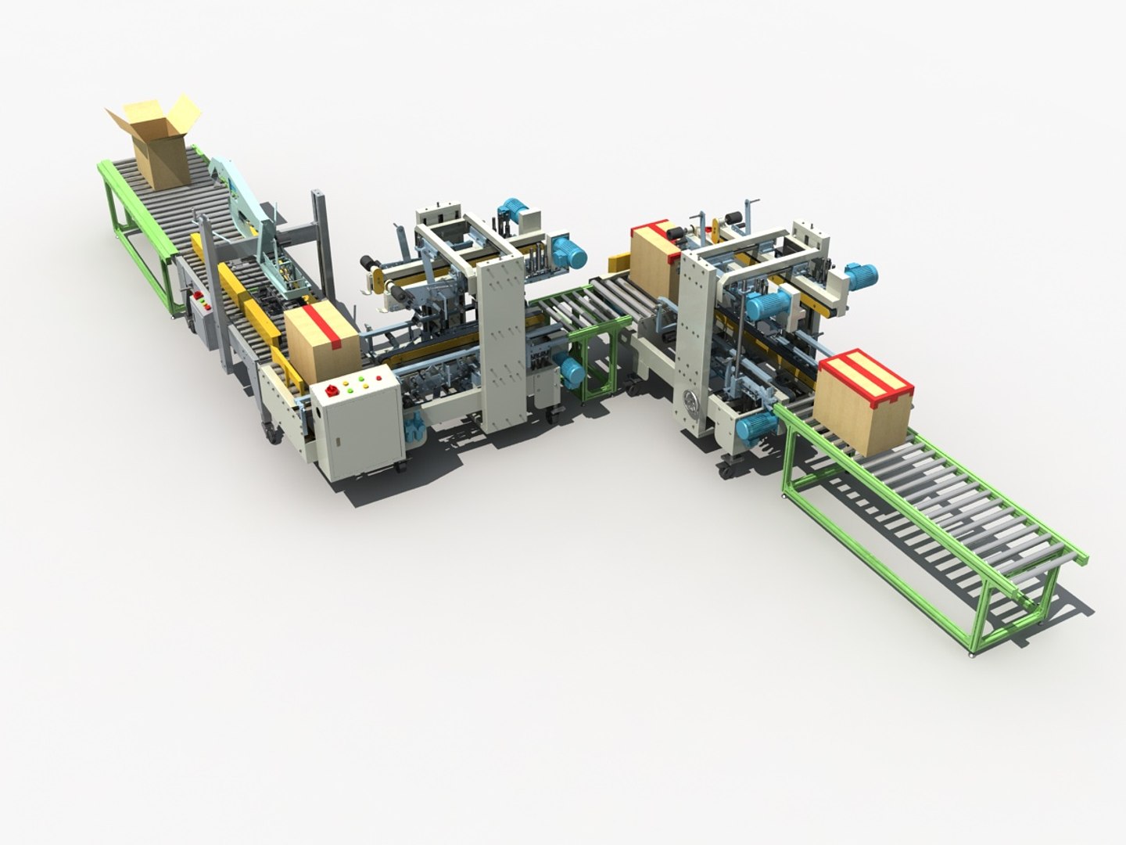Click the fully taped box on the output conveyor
863,401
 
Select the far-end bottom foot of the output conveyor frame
971,649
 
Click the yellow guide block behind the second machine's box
621,261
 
